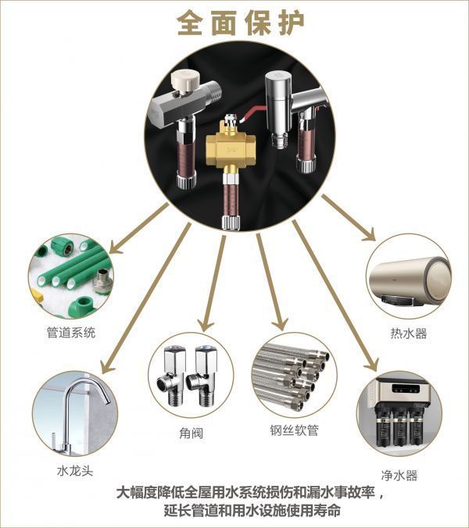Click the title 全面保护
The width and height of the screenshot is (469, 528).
click(241, 23)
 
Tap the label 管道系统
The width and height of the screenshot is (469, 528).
click(71, 333)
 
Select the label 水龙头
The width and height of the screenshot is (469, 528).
click(75, 470)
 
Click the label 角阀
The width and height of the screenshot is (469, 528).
click(191, 433)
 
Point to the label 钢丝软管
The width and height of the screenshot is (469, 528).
click(294, 430)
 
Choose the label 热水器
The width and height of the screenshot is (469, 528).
click(408, 334)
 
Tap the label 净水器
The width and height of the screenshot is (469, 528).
click(399, 476)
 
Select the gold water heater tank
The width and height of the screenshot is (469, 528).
click(410, 279)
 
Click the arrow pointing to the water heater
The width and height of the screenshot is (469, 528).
click(348, 218)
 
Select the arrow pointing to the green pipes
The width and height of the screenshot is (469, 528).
click(138, 228)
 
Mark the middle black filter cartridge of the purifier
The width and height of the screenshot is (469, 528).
click(400, 427)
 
